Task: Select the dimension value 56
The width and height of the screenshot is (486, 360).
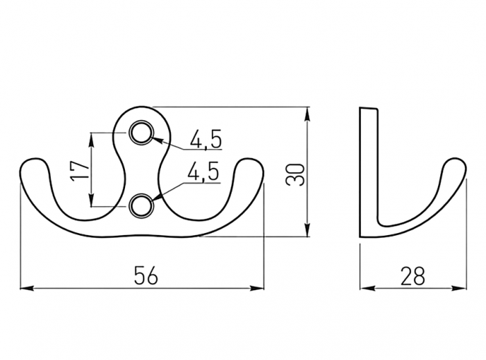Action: coord(146,275)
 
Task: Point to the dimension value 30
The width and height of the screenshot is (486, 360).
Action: coord(295,175)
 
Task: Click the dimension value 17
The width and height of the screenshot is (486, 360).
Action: coord(80,170)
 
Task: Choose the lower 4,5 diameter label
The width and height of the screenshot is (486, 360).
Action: coord(203,171)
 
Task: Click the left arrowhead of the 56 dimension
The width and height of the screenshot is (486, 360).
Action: coord(26,288)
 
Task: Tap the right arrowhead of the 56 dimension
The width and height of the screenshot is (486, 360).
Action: coord(258,288)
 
